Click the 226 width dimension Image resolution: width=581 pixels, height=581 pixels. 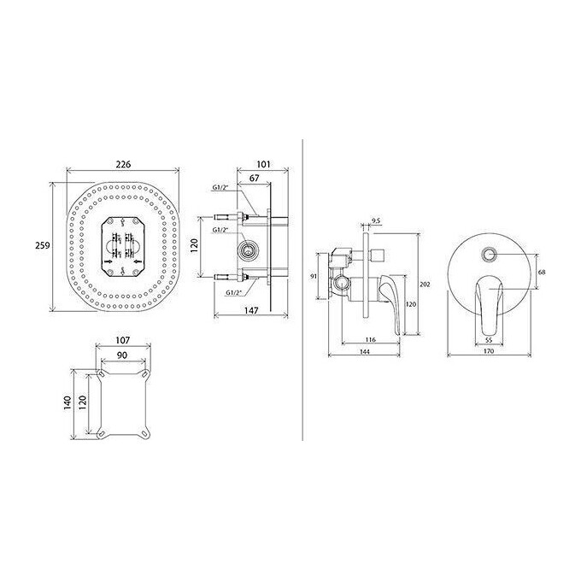coord(123,164)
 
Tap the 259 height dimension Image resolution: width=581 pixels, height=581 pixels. coord(42,245)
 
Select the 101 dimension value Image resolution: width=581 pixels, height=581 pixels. coord(263,164)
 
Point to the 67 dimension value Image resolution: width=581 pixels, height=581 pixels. coord(255,179)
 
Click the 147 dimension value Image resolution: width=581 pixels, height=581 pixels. coord(251,310)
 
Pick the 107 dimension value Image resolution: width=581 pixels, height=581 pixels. coord(123,340)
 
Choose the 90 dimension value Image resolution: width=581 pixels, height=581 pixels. coord(122,355)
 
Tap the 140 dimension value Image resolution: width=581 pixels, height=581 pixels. coord(67,402)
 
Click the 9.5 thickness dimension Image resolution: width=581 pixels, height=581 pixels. coord(376,221)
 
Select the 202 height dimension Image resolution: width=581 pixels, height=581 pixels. coord(425,285)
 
